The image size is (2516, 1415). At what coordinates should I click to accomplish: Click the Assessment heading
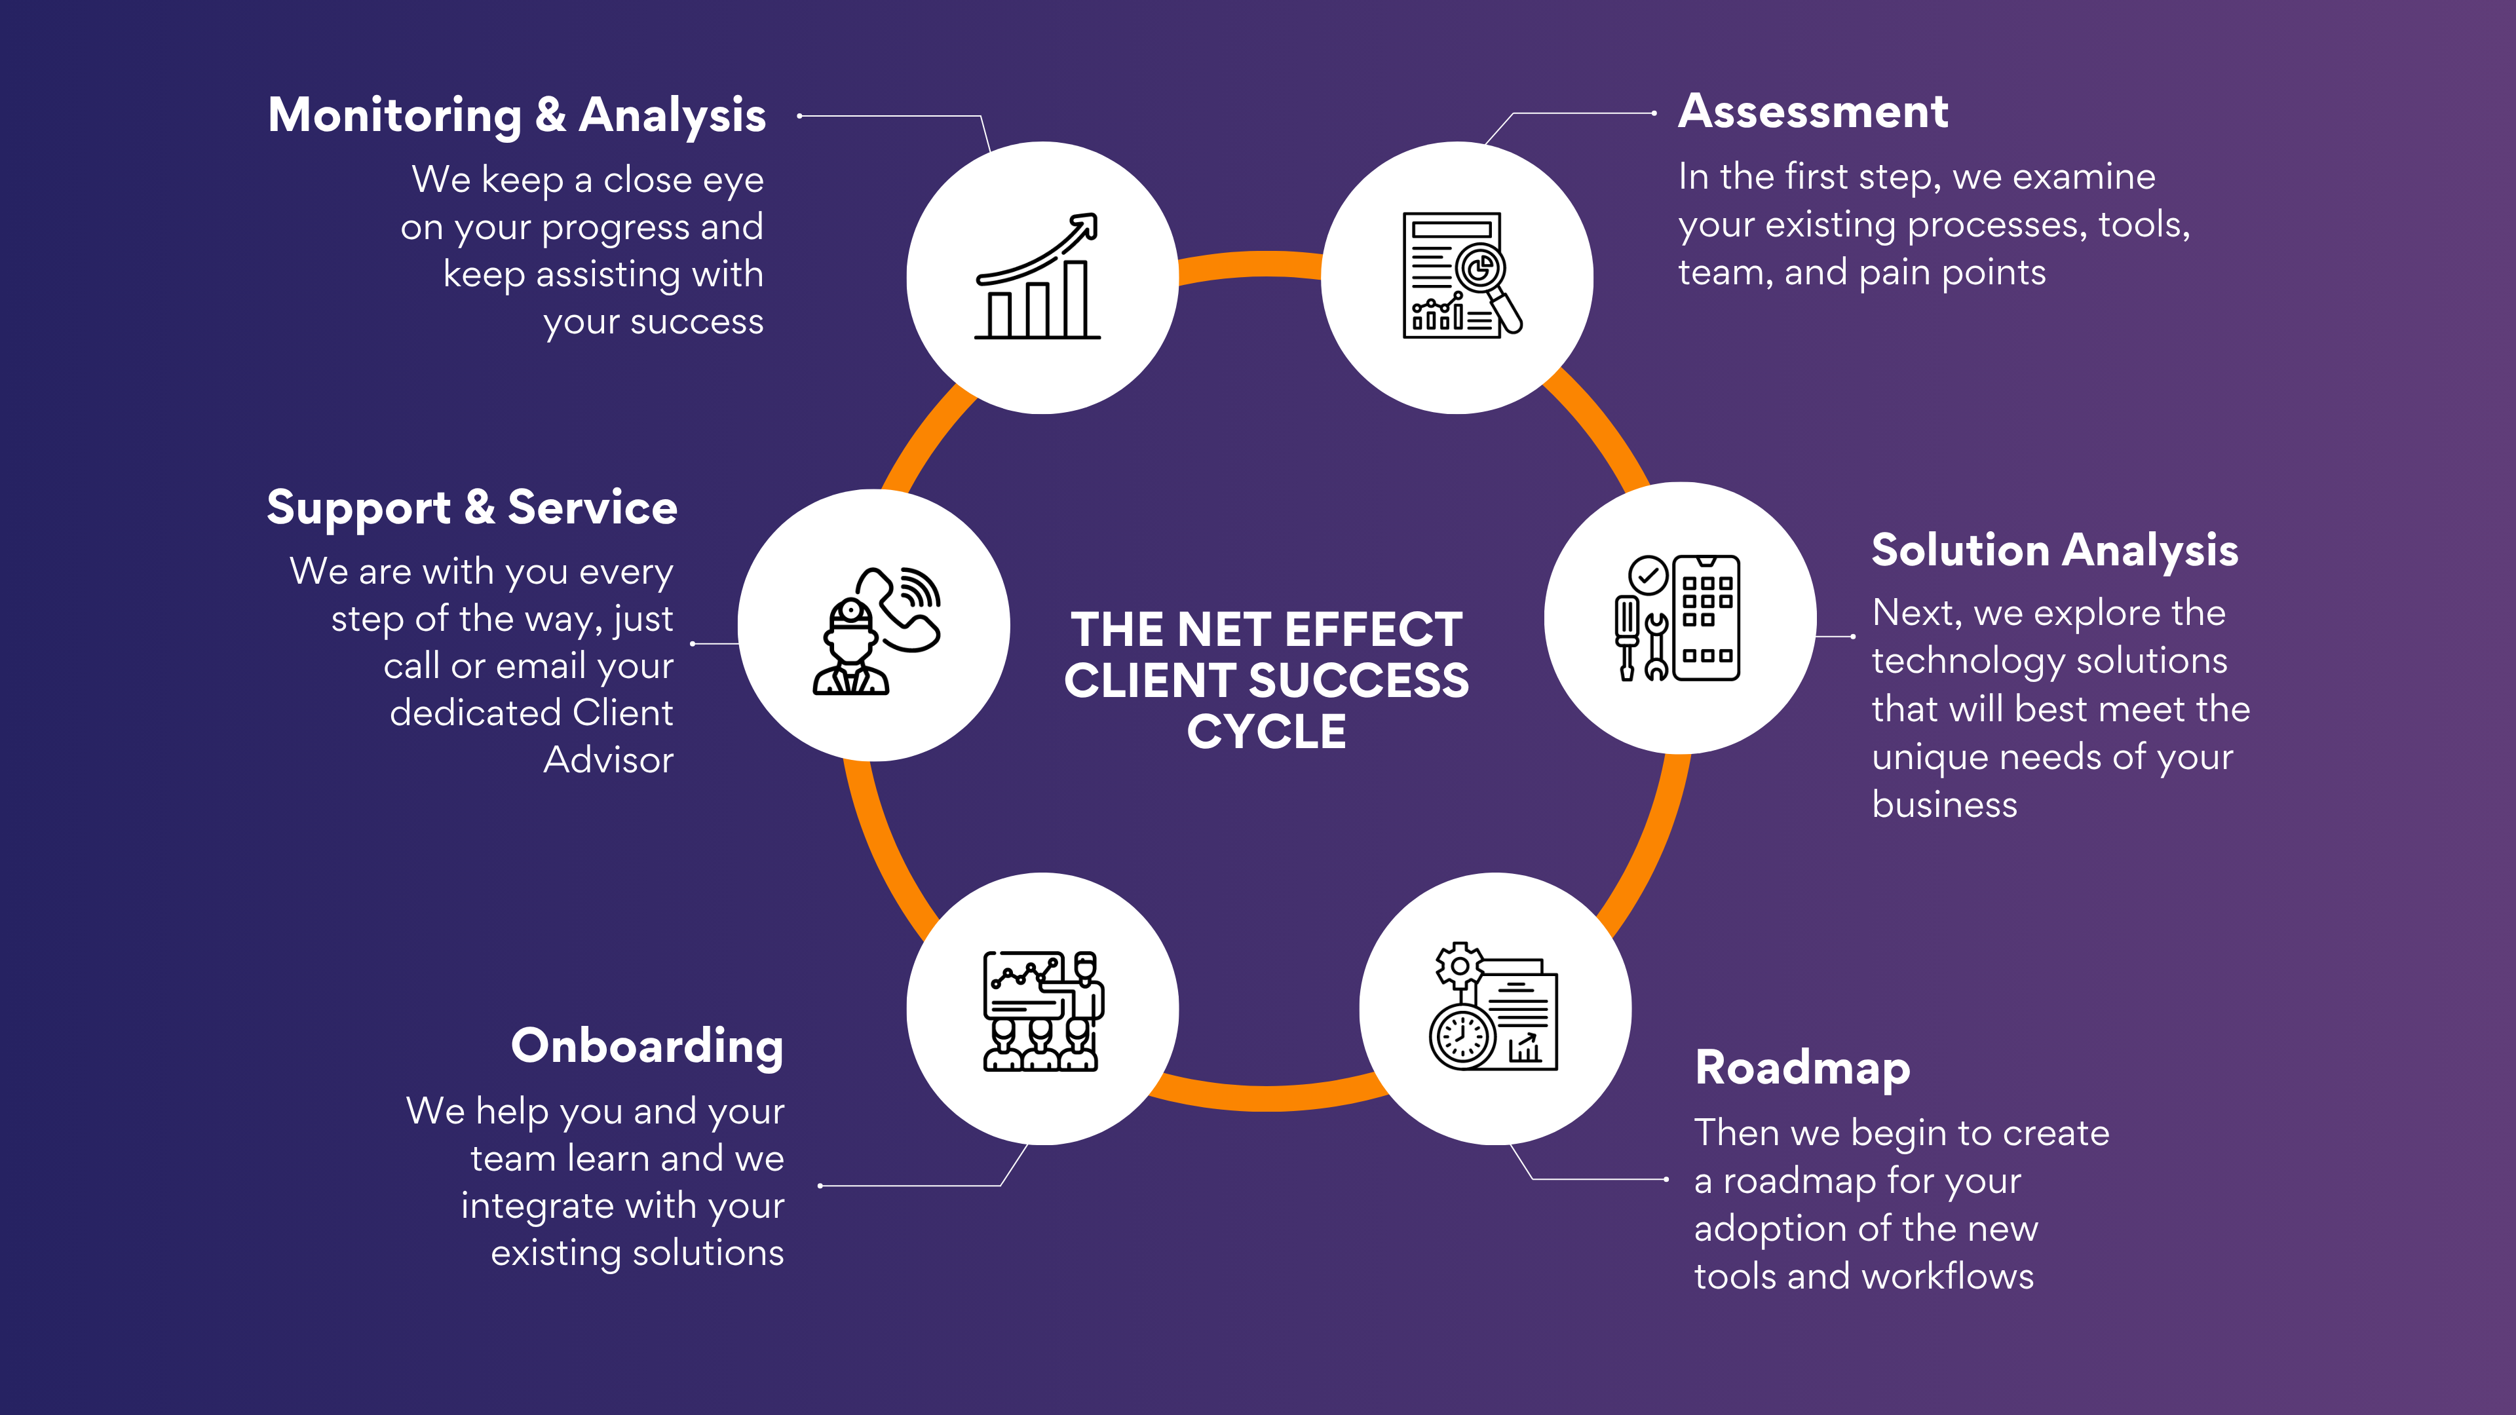1813,111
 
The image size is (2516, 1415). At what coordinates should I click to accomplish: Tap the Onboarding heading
647,1046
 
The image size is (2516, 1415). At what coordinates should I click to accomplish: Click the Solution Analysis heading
2054,551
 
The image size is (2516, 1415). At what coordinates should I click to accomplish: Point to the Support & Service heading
472,508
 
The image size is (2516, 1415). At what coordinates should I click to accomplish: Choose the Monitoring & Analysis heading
517,115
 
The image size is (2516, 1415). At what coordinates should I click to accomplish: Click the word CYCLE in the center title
1266,732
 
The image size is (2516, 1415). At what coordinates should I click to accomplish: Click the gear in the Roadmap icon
1459,966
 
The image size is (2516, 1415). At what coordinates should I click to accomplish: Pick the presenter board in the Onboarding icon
1023,981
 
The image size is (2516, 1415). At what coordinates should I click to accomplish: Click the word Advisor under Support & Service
607,761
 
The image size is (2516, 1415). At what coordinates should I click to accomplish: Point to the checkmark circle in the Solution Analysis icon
1648,575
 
